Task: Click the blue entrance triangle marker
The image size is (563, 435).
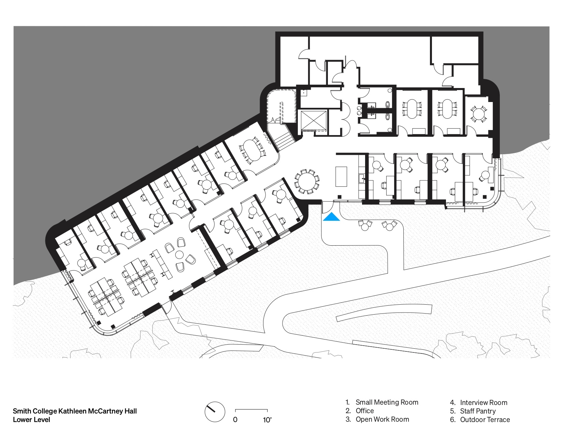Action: coord(331,217)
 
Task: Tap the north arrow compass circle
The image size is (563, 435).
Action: coord(215,412)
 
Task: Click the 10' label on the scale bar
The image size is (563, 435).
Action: coord(267,420)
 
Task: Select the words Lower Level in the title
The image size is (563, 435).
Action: coord(31,419)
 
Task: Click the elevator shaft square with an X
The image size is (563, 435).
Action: coord(313,120)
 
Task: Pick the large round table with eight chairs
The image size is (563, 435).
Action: coord(307,182)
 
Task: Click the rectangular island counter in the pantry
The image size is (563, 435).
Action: coord(341,176)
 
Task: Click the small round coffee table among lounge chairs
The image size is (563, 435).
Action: coord(179,255)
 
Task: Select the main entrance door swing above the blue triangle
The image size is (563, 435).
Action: coord(328,207)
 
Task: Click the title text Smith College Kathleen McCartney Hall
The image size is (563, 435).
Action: coord(75,411)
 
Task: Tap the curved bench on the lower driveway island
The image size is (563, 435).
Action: coord(384,313)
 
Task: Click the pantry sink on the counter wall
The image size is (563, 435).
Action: coord(362,178)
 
